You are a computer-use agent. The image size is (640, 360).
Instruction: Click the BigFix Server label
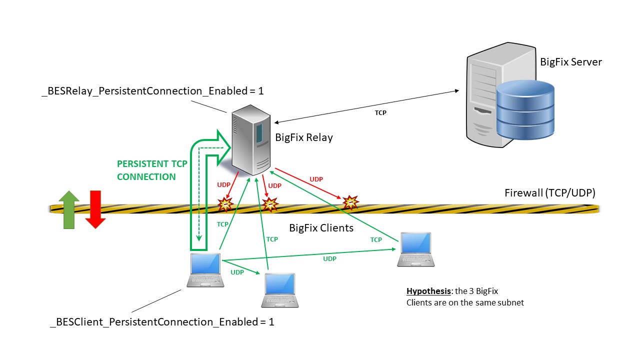571,62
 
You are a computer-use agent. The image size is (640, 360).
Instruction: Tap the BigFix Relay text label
304,137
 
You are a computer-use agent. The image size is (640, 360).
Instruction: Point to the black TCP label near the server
380,113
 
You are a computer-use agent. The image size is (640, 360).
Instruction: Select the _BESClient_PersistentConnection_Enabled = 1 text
162,322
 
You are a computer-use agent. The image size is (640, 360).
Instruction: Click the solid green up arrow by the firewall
69,209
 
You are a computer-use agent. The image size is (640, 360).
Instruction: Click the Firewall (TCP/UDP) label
549,193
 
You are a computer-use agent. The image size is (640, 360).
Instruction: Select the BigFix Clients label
321,228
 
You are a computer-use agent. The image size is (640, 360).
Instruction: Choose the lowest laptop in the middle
280,290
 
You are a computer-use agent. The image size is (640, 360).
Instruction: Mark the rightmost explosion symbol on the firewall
350,202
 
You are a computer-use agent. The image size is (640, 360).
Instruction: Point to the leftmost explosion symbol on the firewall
226,203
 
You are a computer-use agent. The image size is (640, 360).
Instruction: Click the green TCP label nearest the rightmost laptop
376,239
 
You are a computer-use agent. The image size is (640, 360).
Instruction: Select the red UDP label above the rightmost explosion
316,179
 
